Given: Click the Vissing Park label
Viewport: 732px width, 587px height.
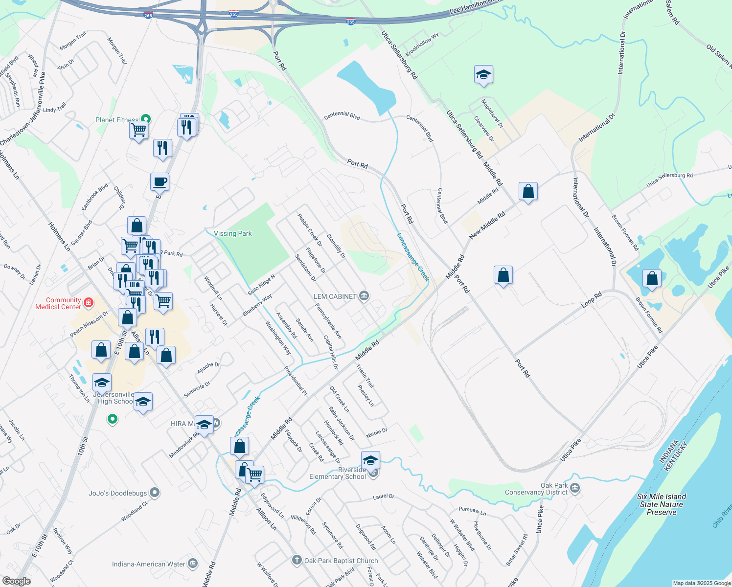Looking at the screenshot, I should (x=233, y=233).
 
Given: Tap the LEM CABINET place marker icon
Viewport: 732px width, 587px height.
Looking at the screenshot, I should (x=364, y=296).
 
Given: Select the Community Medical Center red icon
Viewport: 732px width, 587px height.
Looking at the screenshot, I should (x=89, y=302).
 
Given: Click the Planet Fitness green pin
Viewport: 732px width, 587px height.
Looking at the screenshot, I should (x=145, y=118).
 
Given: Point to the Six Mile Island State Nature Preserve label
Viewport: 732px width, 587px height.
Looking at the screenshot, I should (x=662, y=504).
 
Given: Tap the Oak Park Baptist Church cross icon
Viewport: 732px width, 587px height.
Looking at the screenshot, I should (x=297, y=560).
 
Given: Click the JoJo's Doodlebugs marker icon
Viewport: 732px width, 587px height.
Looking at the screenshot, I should (x=155, y=493).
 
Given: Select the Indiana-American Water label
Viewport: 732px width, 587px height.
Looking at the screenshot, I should (x=149, y=564).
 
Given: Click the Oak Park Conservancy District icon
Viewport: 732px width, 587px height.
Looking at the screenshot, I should (x=575, y=488).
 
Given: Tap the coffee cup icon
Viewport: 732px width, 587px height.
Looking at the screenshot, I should (x=160, y=182).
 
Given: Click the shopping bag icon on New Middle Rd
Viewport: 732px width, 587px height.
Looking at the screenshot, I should (x=528, y=191).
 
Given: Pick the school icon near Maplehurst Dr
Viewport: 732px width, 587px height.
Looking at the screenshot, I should (x=483, y=75).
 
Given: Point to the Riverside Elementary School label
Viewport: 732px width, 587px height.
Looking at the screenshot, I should (x=338, y=473).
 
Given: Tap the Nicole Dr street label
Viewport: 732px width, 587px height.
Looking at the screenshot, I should (x=376, y=433).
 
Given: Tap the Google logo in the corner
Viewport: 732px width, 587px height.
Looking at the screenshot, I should (x=17, y=581).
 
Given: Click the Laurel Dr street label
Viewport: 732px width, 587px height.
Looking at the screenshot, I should (x=383, y=497).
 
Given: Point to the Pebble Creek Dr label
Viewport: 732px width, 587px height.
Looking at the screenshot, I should (x=310, y=230).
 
